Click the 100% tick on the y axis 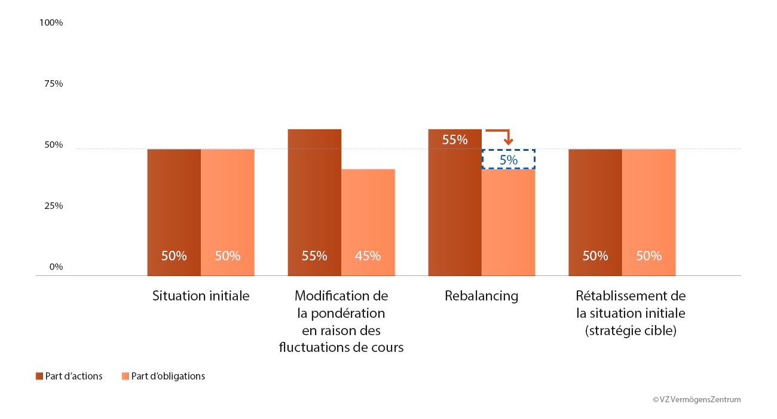click(51, 23)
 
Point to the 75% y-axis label click(53, 84)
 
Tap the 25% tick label click(53, 206)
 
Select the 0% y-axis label click(56, 267)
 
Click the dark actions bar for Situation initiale click(174, 209)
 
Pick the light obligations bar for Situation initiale click(228, 209)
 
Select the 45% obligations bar click(368, 221)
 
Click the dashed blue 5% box click(509, 159)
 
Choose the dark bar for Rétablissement click(595, 209)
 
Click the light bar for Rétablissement click(649, 209)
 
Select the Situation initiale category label click(201, 296)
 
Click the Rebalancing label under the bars click(481, 296)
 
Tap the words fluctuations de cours click(341, 348)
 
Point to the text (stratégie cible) click(631, 330)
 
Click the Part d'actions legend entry click(69, 377)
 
